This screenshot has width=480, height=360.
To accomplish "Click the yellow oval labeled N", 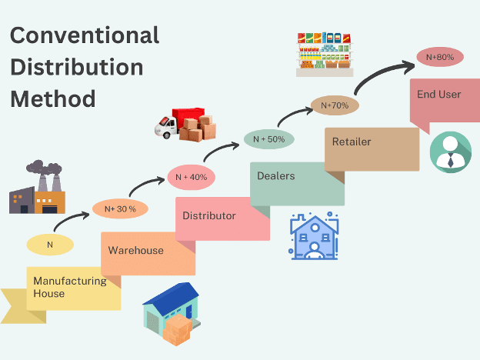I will (50, 245).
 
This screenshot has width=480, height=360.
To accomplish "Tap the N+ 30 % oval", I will (115, 208).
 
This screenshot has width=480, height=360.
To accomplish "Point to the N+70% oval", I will (335, 105).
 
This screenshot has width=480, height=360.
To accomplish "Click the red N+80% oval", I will (440, 56).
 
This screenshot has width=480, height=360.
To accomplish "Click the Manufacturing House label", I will (70, 287).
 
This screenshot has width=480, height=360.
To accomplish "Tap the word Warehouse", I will (135, 250).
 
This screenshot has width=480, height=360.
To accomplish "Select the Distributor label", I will (209, 215).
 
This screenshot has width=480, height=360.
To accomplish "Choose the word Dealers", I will (275, 175).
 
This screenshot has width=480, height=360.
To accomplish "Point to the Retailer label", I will (352, 142).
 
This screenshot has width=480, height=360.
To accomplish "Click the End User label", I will (438, 94).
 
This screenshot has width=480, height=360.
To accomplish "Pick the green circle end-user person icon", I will (450, 151).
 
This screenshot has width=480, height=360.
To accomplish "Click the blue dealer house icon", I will (313, 236).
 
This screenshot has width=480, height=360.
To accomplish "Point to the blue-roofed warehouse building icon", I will (171, 315).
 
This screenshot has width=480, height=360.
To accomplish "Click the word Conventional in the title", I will (85, 35).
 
